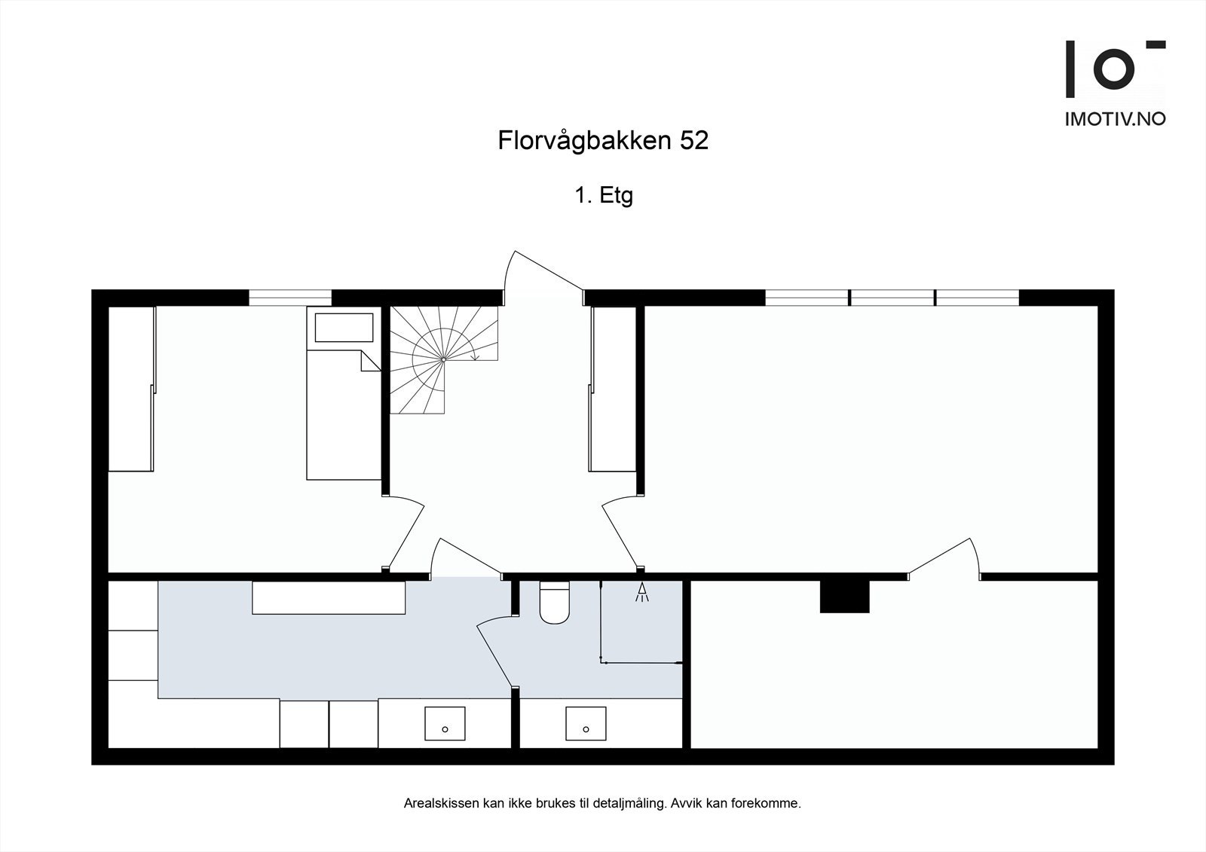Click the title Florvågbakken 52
(x=603, y=141)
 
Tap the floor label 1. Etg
(x=603, y=196)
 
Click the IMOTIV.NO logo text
(x=1115, y=119)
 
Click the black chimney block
(x=844, y=596)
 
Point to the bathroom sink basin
(x=586, y=723)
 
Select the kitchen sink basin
(x=445, y=723)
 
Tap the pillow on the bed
(x=344, y=328)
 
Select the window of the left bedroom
(x=290, y=298)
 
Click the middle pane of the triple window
(x=892, y=298)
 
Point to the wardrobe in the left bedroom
(x=132, y=388)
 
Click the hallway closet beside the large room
(x=614, y=388)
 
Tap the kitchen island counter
(x=329, y=597)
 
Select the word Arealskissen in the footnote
(x=436, y=804)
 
